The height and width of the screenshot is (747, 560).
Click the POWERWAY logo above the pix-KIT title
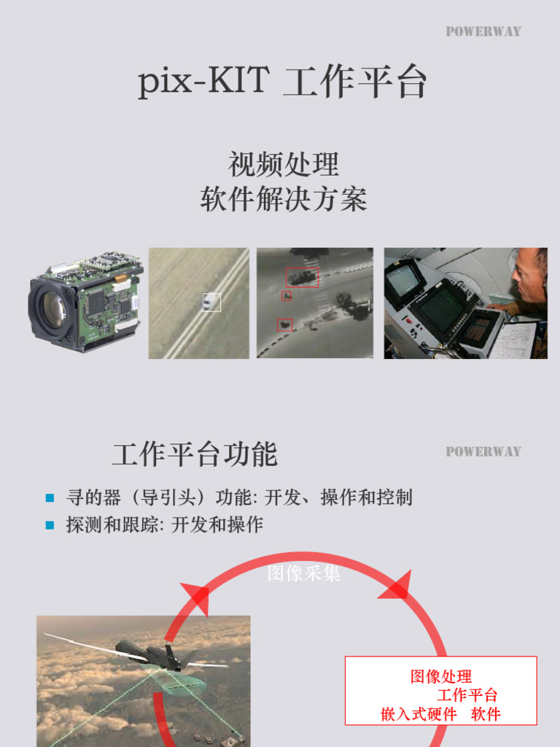pos(483,31)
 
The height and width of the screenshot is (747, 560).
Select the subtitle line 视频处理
pos(284,164)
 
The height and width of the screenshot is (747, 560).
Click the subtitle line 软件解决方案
pos(284,198)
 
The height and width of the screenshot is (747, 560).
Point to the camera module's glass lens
pos(52,308)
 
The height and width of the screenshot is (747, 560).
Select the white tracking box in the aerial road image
pos(211,302)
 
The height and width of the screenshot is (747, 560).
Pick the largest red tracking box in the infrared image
pos(302,276)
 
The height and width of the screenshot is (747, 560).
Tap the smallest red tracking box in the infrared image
pos(287,296)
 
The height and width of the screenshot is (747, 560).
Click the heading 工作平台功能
pos(195,454)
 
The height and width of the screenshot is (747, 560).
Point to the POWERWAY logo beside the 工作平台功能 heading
pos(483,452)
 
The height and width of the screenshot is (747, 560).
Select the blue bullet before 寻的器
pos(50,498)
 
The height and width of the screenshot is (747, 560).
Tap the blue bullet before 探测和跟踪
pos(50,525)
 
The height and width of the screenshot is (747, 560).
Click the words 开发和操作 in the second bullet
pos(217,525)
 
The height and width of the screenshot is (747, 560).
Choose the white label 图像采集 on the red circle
pos(303,574)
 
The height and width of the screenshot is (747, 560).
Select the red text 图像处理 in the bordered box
pos(440,676)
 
